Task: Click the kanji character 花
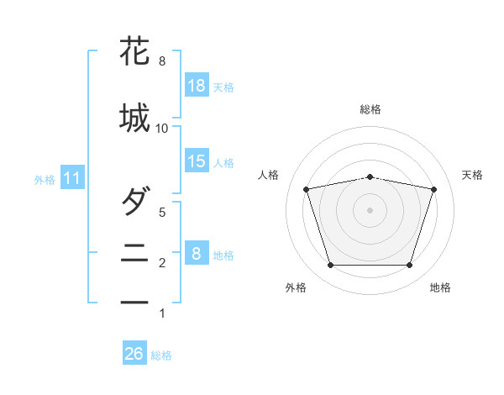134,50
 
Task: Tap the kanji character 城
134,118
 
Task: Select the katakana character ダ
136,200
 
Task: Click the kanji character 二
134,253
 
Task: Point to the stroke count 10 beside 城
161,129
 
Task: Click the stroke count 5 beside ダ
162,213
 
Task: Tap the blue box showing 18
197,85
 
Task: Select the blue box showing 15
197,161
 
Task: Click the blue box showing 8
197,252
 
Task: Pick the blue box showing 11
72,177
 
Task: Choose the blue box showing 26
134,352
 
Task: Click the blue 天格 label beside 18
223,87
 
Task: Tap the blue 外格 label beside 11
45,180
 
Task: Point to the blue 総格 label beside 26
161,355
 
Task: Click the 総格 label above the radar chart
370,109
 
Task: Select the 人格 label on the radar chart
268,175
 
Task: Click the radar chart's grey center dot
370,210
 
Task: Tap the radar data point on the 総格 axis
370,177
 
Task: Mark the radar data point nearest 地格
410,265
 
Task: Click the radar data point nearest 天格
434,189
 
